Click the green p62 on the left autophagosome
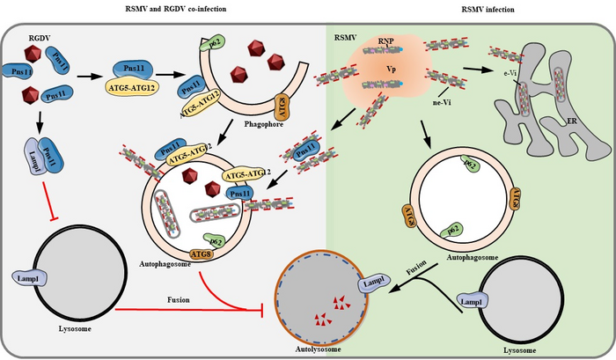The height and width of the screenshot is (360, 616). click(213, 239)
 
